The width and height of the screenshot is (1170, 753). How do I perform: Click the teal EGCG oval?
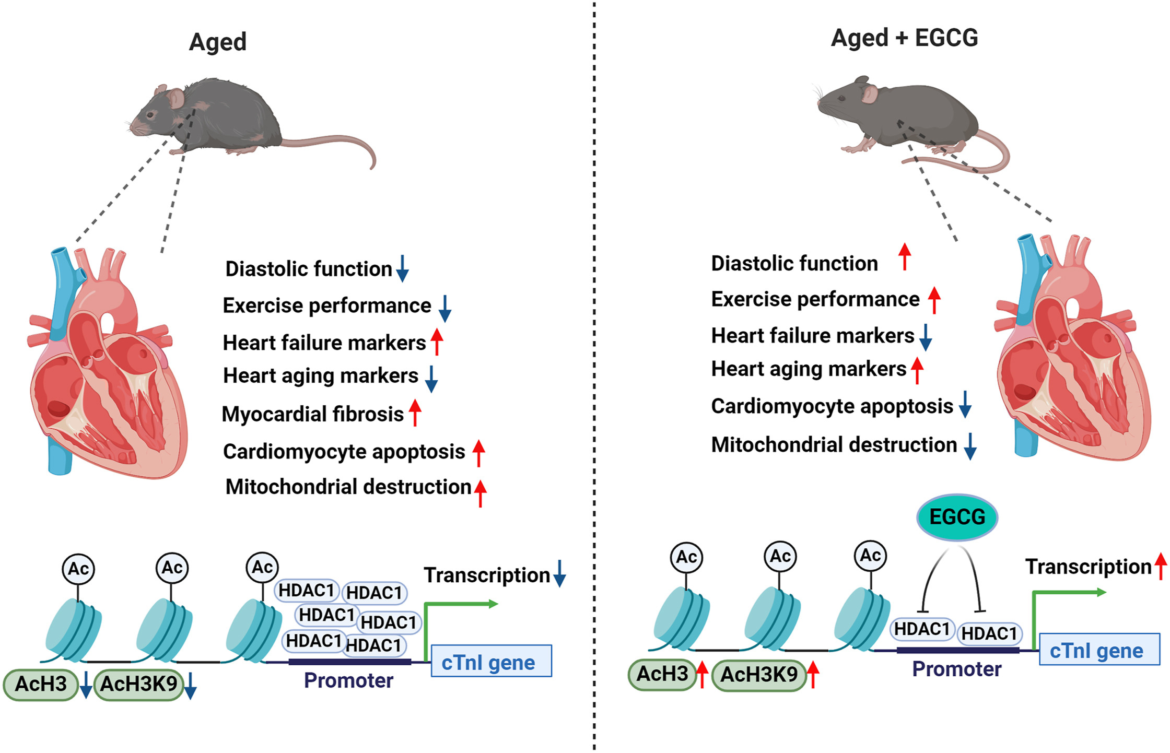pyautogui.click(x=957, y=517)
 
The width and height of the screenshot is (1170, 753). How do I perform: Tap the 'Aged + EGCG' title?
pyautogui.click(x=904, y=38)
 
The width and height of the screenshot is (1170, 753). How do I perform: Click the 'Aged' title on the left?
pyautogui.click(x=218, y=42)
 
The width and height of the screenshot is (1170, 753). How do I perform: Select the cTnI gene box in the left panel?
pyautogui.click(x=491, y=661)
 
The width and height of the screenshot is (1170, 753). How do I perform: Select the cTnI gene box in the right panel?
pyautogui.click(x=1099, y=650)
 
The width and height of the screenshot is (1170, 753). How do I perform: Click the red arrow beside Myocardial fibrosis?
pyautogui.click(x=415, y=413)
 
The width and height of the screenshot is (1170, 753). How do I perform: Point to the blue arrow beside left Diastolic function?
pyautogui.click(x=402, y=268)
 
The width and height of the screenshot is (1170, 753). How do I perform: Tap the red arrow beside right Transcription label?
pyautogui.click(x=1161, y=566)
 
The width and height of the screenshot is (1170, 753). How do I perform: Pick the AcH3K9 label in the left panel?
pyautogui.click(x=139, y=684)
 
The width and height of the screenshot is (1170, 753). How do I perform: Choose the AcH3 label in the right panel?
pyautogui.click(x=662, y=674)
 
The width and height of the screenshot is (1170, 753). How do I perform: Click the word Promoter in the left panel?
pyautogui.click(x=348, y=680)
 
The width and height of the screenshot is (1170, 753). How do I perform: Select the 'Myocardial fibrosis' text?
pyautogui.click(x=312, y=414)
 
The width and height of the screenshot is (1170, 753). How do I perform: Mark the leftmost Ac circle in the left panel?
pyautogui.click(x=78, y=568)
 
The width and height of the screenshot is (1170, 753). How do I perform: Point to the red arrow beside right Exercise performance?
pyautogui.click(x=934, y=300)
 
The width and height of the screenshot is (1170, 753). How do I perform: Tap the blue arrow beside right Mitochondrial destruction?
pyautogui.click(x=970, y=446)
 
